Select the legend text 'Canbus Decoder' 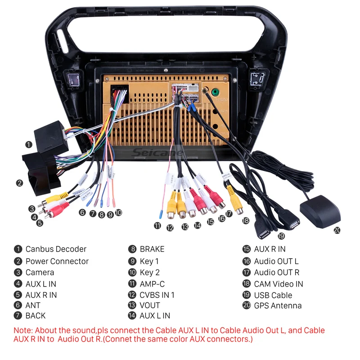point(56,249)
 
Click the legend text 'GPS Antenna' point(278,306)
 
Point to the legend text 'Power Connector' point(57,261)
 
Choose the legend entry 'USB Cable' point(273,295)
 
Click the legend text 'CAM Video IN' point(279,284)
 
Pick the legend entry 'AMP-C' point(152,284)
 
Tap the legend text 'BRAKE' point(152,249)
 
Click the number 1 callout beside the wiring point(29,144)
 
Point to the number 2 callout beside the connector point(19,183)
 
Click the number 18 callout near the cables point(245,220)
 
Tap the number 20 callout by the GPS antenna point(337,230)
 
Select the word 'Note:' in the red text point(23,330)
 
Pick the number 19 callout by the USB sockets point(281,236)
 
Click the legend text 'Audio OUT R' point(276,272)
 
